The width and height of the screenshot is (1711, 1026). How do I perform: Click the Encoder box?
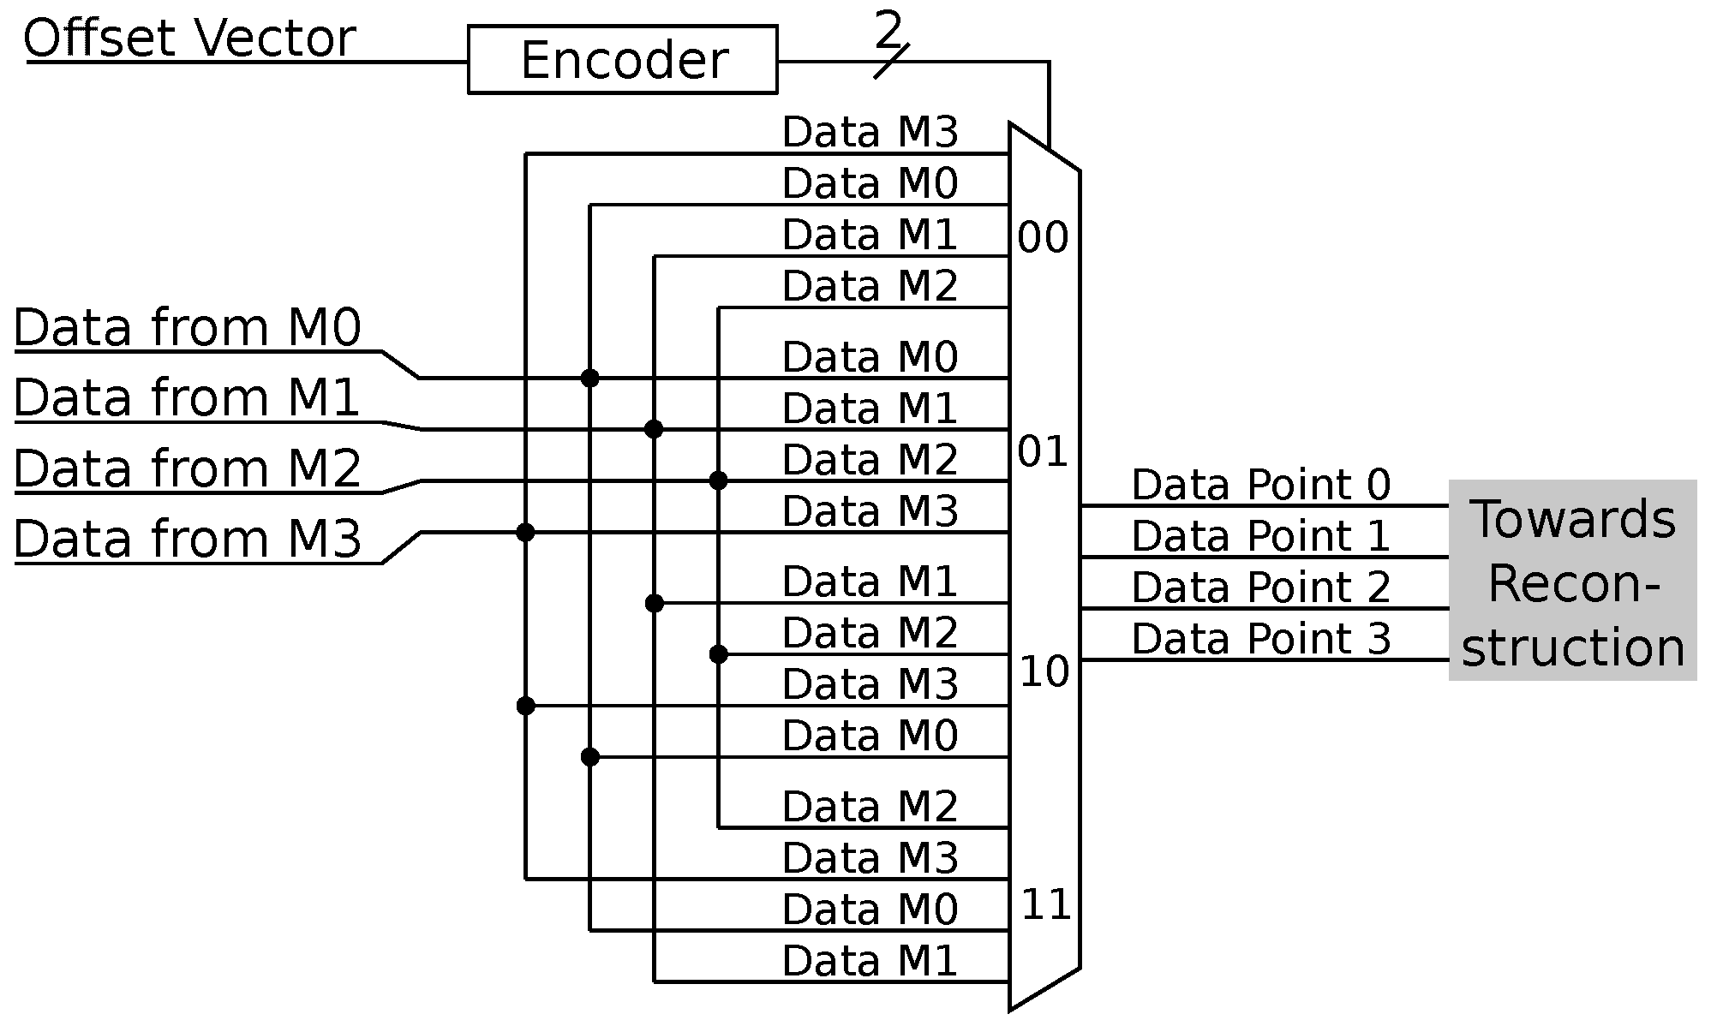(623, 60)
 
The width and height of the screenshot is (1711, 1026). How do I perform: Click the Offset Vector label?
(189, 39)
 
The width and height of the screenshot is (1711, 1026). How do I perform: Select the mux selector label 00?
(1043, 238)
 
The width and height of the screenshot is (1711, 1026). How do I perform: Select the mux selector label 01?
(1043, 452)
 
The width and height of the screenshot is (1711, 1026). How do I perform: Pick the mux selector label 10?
(1044, 672)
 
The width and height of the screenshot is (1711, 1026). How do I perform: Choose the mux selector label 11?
(1045, 905)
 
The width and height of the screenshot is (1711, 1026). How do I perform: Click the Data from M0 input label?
(188, 328)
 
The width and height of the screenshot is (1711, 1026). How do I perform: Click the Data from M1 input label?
(186, 398)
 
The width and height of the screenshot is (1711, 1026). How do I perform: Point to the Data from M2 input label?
(188, 468)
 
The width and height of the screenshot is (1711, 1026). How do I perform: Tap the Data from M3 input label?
(188, 539)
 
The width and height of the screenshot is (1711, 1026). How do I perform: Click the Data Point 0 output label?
(1260, 485)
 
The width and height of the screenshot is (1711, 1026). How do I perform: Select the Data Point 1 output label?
(1260, 536)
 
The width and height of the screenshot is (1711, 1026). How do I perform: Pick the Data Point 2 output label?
(1260, 588)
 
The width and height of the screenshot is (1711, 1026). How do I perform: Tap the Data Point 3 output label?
(1260, 639)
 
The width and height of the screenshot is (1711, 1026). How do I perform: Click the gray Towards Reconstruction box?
(1572, 581)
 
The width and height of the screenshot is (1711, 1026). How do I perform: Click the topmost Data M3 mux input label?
(870, 133)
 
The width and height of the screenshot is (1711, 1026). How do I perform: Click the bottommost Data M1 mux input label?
(870, 961)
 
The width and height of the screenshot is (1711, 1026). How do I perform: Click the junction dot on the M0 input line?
(589, 378)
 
